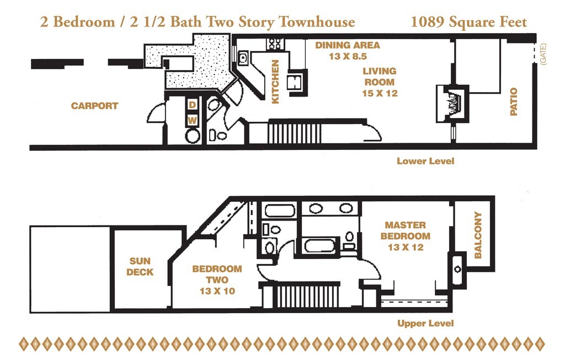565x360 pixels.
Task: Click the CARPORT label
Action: (94, 106)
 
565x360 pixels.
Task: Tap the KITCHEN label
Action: (275, 82)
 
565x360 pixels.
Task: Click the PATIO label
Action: (514, 102)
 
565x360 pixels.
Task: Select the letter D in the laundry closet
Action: (193, 105)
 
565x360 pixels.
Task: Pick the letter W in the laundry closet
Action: (193, 120)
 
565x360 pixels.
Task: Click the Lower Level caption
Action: (425, 161)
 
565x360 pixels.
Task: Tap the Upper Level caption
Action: (425, 323)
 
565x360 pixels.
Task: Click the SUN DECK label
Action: (140, 266)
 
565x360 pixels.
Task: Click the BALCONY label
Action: (478, 235)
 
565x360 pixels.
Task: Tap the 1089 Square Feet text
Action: (469, 22)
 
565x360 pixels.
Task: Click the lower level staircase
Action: (295, 133)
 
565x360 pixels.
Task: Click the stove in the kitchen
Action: (274, 42)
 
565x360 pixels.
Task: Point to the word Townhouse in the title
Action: (317, 22)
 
